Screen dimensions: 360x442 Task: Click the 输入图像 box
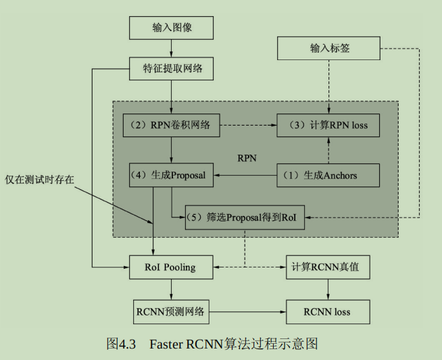pyautogui.click(x=172, y=28)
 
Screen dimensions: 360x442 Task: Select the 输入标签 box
pyautogui.click(x=329, y=48)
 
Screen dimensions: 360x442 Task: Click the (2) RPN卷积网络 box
pyautogui.click(x=172, y=125)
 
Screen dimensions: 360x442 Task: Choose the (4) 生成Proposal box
pyautogui.click(x=172, y=176)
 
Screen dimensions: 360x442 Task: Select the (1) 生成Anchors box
pyautogui.click(x=328, y=176)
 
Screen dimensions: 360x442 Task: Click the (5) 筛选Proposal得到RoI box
pyautogui.click(x=245, y=217)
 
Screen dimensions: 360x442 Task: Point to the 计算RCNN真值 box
pyautogui.click(x=328, y=267)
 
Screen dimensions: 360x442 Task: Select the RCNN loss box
pyautogui.click(x=328, y=312)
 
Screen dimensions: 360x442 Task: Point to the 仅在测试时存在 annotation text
pyautogui.click(x=39, y=180)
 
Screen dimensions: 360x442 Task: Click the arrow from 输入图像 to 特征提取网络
pyautogui.click(x=172, y=48)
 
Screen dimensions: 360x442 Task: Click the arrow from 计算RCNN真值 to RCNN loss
pyautogui.click(x=328, y=290)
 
